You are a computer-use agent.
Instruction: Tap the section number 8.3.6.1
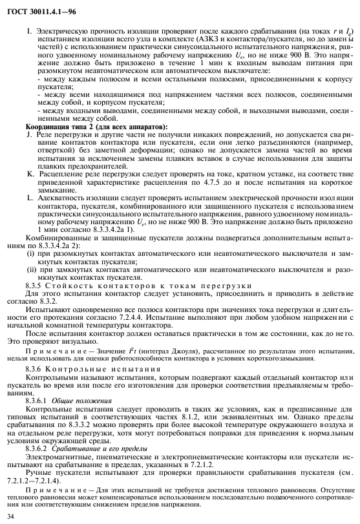39,401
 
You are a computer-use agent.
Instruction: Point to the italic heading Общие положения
82,401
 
